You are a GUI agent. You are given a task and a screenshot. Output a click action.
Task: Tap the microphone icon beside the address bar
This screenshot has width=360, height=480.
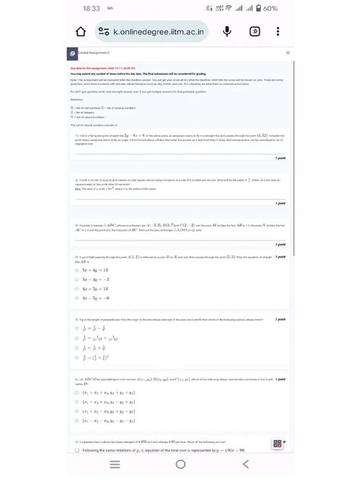click(226, 33)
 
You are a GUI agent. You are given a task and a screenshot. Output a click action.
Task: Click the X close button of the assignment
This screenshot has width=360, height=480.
click(287, 54)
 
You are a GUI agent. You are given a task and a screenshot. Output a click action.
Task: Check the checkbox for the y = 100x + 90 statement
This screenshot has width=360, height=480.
click(77, 450)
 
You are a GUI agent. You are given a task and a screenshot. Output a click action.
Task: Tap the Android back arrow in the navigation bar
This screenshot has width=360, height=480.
click(245, 465)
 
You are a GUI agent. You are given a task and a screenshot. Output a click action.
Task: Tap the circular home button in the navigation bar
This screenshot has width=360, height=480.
click(180, 465)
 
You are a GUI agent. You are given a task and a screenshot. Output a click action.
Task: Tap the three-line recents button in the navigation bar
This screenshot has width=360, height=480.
click(115, 465)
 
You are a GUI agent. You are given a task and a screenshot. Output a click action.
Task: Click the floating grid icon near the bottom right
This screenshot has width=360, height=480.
click(278, 444)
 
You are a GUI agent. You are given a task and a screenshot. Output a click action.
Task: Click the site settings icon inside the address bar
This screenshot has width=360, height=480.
click(104, 33)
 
